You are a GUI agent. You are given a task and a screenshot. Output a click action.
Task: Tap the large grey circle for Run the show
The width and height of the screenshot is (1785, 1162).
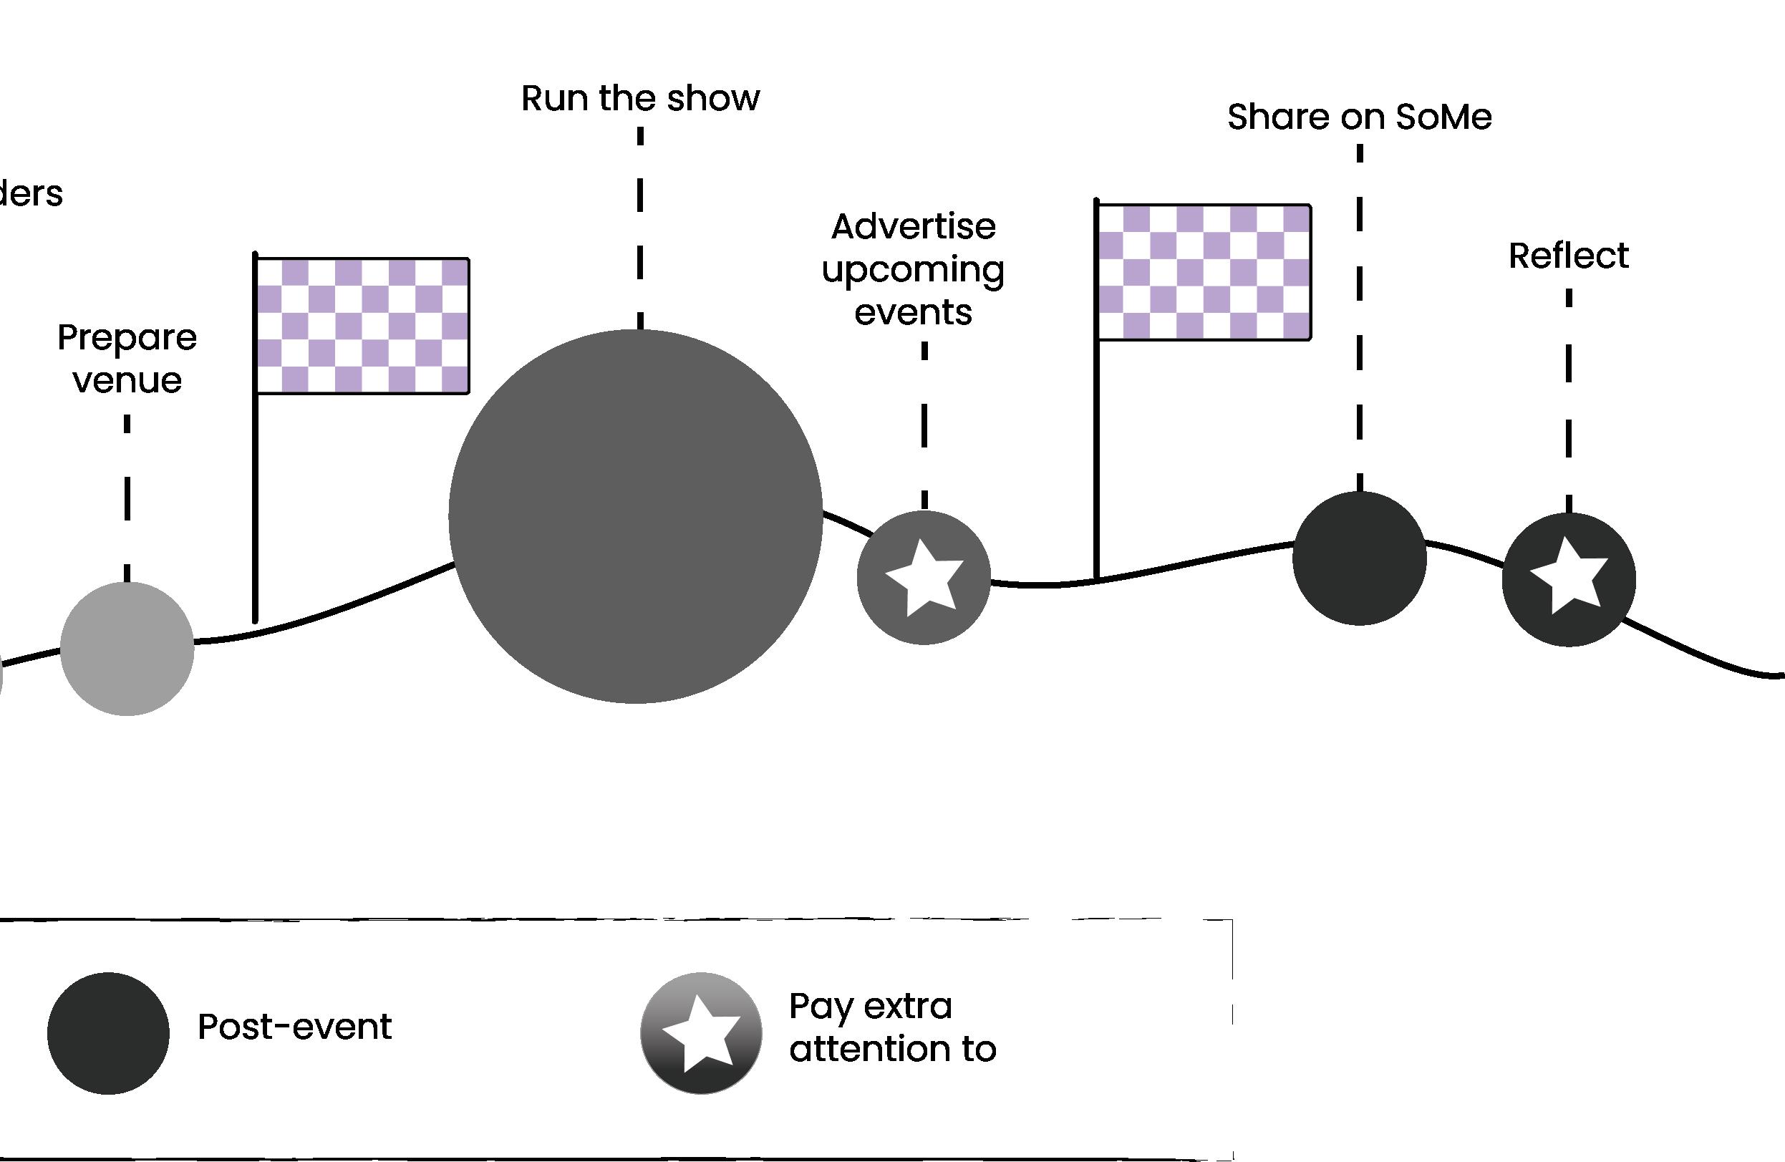pyautogui.click(x=635, y=516)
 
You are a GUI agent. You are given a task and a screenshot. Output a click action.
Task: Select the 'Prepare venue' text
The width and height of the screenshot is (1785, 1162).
pyautogui.click(x=127, y=359)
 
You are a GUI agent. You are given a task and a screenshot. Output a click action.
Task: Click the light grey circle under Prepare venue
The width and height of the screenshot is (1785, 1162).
pyautogui.click(x=127, y=649)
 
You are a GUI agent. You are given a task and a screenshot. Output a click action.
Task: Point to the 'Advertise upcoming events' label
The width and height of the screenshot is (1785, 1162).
pyautogui.click(x=913, y=268)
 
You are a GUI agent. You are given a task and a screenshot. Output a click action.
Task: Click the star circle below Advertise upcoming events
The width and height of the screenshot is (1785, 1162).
pyautogui.click(x=923, y=577)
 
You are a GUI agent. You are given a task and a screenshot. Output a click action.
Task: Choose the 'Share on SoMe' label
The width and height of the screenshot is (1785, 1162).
pyautogui.click(x=1359, y=117)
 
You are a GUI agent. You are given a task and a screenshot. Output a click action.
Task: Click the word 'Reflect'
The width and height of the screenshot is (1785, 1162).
pyautogui.click(x=1568, y=256)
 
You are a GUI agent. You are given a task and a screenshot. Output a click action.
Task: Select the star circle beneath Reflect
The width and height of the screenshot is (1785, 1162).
pyautogui.click(x=1568, y=579)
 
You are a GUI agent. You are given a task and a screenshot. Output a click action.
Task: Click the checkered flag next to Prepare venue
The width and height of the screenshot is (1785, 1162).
pyautogui.click(x=362, y=326)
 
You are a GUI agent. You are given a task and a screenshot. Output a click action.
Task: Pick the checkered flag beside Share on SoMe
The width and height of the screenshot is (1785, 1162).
pyautogui.click(x=1203, y=272)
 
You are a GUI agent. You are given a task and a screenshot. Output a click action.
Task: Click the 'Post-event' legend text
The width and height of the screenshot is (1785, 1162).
pyautogui.click(x=294, y=1026)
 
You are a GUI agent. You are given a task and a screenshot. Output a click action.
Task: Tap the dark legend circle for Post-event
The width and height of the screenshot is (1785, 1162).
pyautogui.click(x=108, y=1033)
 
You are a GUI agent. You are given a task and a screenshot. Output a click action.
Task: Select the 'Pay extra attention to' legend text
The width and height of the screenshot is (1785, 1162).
pyautogui.click(x=891, y=1027)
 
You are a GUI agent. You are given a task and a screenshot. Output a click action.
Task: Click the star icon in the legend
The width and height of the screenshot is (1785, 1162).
pyautogui.click(x=701, y=1033)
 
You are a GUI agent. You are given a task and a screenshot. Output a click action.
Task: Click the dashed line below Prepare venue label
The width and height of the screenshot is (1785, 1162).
pyautogui.click(x=127, y=499)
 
